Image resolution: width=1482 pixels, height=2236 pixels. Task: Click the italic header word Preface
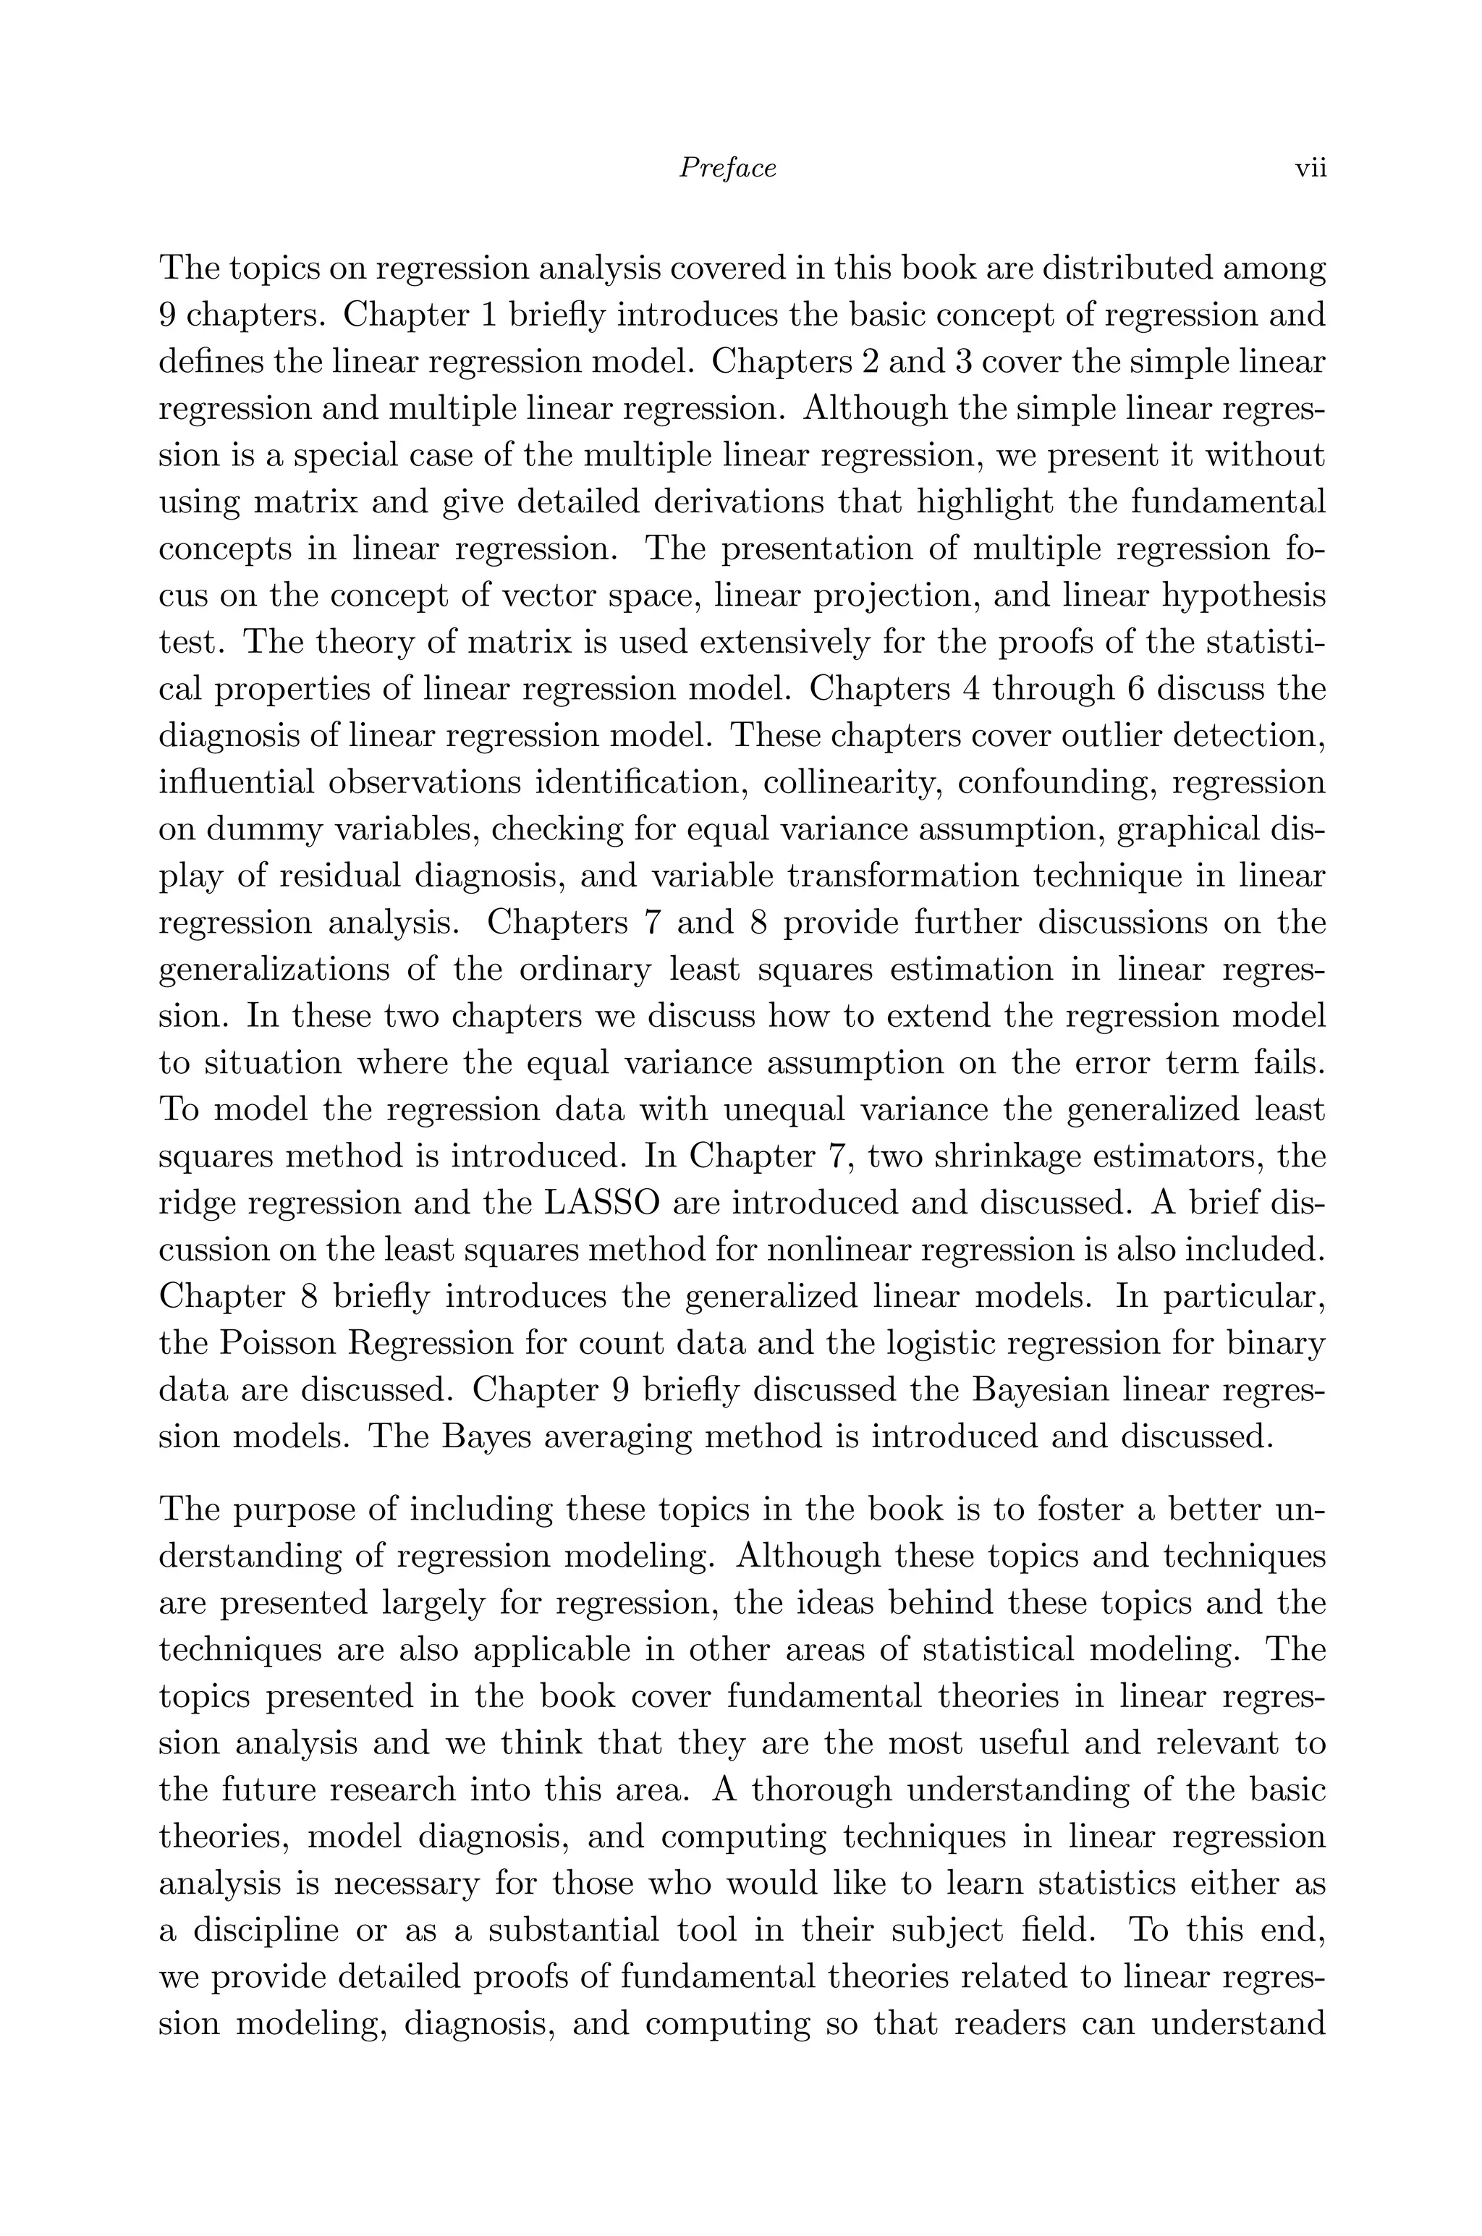pos(728,168)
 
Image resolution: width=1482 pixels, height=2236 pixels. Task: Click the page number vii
pos(1310,168)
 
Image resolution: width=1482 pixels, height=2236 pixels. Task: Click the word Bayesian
pos(1028,1389)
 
